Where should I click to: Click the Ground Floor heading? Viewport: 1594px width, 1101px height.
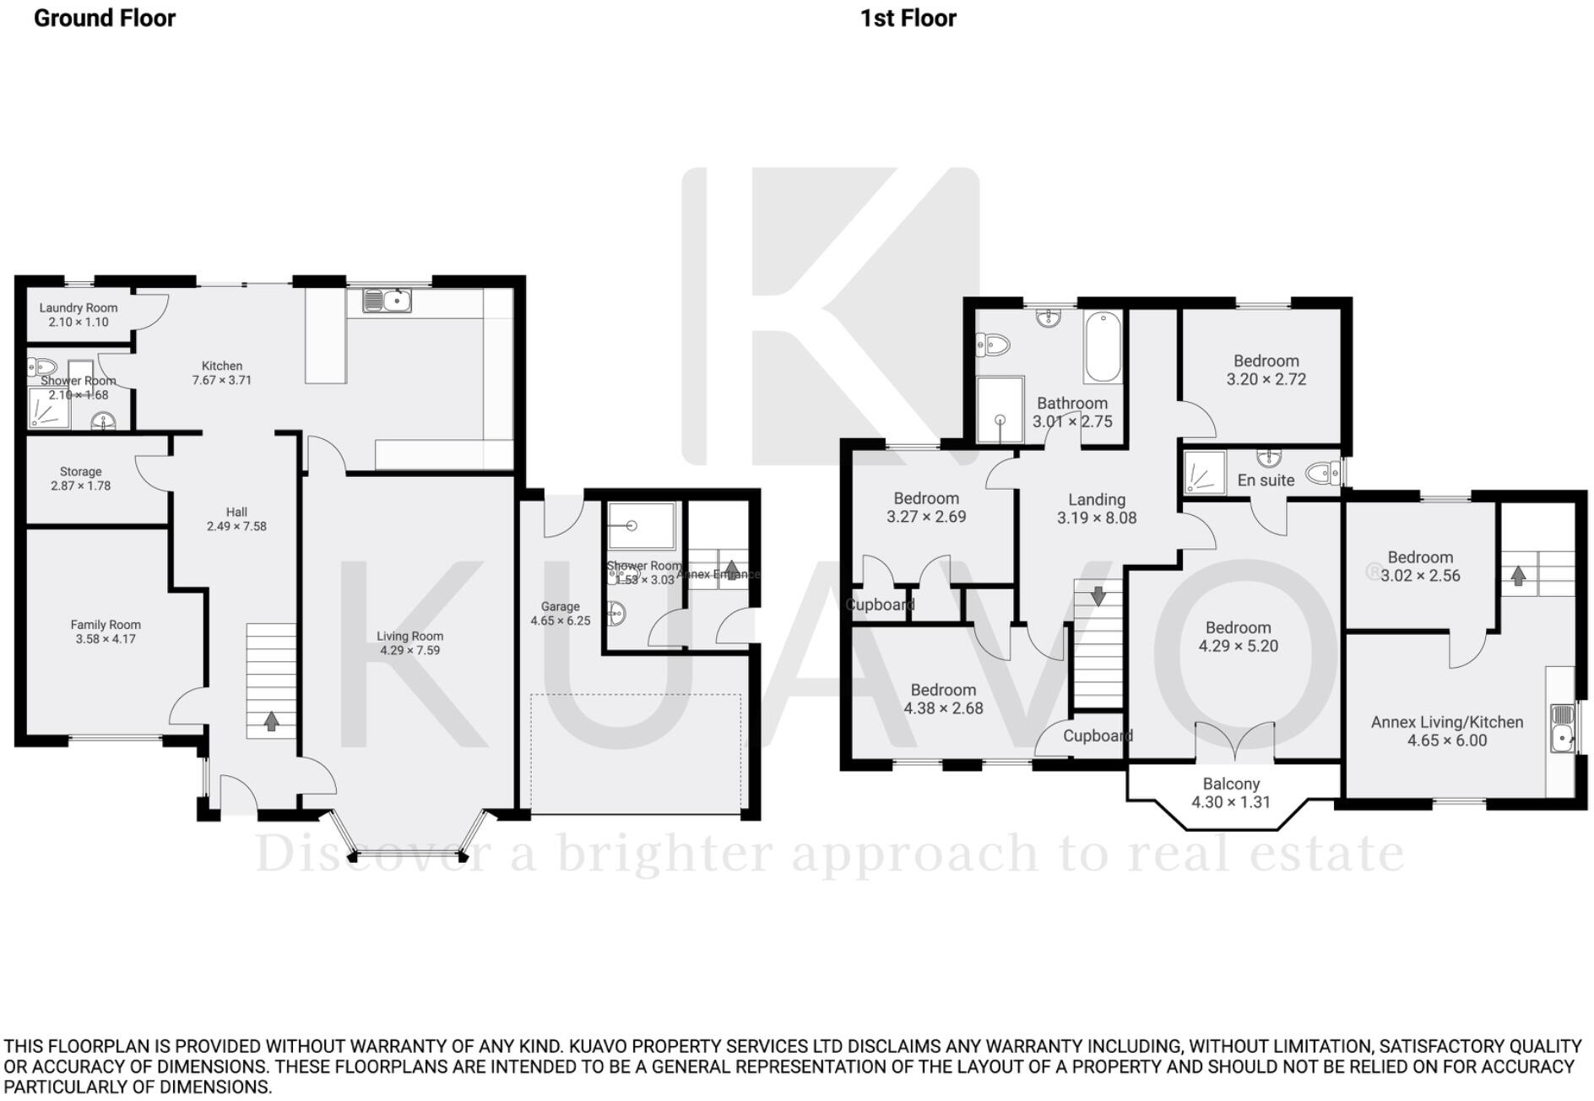[x=105, y=18]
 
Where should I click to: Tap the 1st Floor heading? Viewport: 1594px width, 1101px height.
[x=908, y=18]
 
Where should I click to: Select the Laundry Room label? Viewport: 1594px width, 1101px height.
[x=79, y=308]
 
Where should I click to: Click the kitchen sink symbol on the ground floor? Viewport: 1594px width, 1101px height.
[x=388, y=300]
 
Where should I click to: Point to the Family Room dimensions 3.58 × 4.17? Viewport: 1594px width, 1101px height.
[x=106, y=639]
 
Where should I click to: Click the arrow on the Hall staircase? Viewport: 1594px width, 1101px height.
[x=271, y=722]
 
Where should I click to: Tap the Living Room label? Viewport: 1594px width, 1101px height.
[x=409, y=636]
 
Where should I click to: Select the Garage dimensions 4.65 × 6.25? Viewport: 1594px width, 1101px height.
[x=560, y=621]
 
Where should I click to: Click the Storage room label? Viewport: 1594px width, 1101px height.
[x=80, y=472]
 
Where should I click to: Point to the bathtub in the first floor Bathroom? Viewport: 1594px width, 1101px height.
[x=1103, y=347]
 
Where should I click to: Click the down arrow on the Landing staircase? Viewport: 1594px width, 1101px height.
[x=1098, y=595]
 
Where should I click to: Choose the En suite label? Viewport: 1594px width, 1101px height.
[x=1266, y=480]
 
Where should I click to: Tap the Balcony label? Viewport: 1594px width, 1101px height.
[x=1231, y=784]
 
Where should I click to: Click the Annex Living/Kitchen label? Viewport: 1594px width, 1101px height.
[x=1446, y=722]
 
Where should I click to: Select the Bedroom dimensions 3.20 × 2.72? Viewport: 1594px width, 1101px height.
[x=1266, y=379]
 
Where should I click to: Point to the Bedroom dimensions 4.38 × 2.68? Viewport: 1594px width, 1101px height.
[x=943, y=708]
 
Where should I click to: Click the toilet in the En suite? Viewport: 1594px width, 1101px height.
[x=1322, y=473]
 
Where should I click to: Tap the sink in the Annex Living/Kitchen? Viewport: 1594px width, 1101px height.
[x=1562, y=728]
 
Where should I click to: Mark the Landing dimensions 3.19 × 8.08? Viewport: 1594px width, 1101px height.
[x=1096, y=518]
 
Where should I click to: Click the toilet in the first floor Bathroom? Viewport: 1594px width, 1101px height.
[x=994, y=344]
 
